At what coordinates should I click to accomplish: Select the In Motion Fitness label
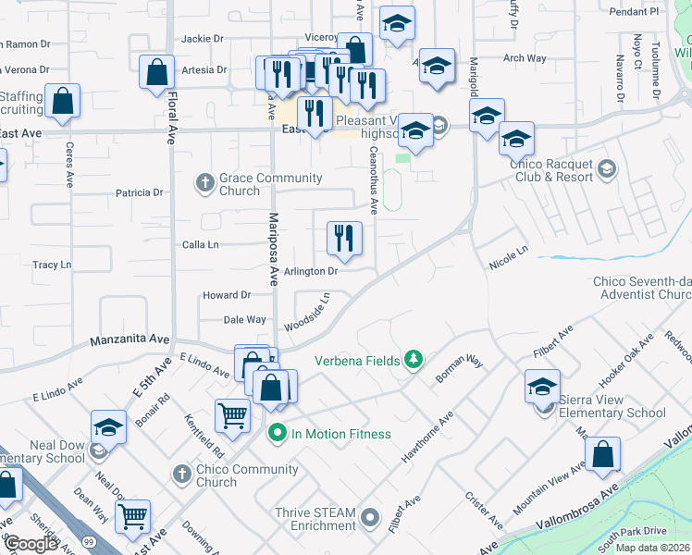pyautogui.click(x=341, y=434)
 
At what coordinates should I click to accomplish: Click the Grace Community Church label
pyautogui.click(x=270, y=184)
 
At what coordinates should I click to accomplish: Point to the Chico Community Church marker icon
pyautogui.click(x=182, y=475)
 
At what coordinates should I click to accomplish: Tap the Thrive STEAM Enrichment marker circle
pyautogui.click(x=371, y=517)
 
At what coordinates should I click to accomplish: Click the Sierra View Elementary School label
pyautogui.click(x=612, y=406)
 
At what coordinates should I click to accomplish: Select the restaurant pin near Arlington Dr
pyautogui.click(x=344, y=238)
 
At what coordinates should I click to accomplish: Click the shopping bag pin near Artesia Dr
pyautogui.click(x=157, y=71)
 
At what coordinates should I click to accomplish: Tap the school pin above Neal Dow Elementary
pyautogui.click(x=108, y=426)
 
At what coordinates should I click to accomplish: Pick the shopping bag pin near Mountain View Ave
pyautogui.click(x=602, y=454)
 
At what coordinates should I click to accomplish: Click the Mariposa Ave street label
pyautogui.click(x=273, y=249)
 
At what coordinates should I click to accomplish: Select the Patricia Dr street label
pyautogui.click(x=139, y=193)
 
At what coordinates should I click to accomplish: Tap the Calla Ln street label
pyautogui.click(x=200, y=245)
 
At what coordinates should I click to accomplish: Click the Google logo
pyautogui.click(x=31, y=544)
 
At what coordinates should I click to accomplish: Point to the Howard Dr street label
pyautogui.click(x=227, y=296)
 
